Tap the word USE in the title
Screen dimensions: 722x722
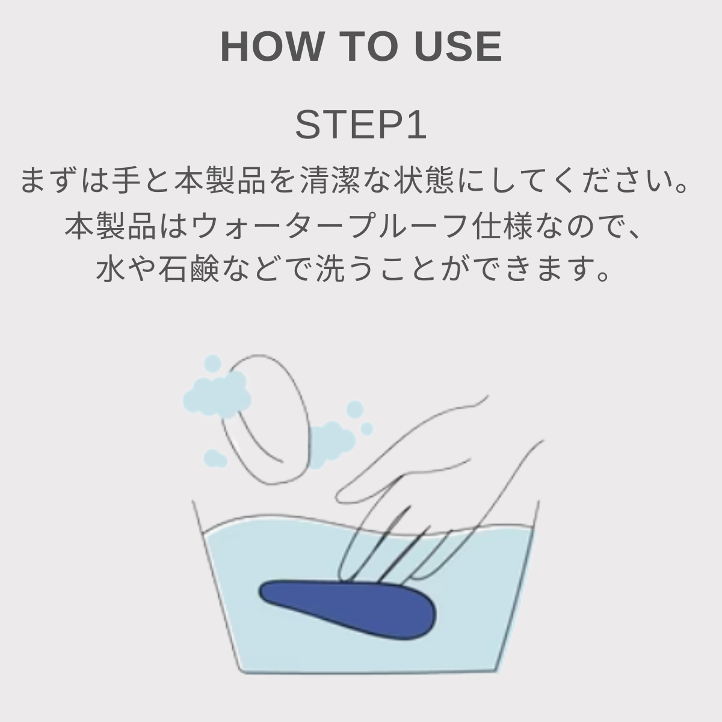click(458, 47)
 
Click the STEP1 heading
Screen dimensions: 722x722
click(361, 125)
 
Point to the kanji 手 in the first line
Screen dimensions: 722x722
click(126, 180)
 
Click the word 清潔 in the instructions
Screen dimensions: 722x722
click(330, 180)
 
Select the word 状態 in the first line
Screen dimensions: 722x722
click(426, 180)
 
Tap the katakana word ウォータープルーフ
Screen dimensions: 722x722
click(329, 226)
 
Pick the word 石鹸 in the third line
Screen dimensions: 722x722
click(188, 269)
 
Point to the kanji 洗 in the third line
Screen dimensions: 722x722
click(330, 269)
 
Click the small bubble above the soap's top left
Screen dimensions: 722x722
click(212, 363)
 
